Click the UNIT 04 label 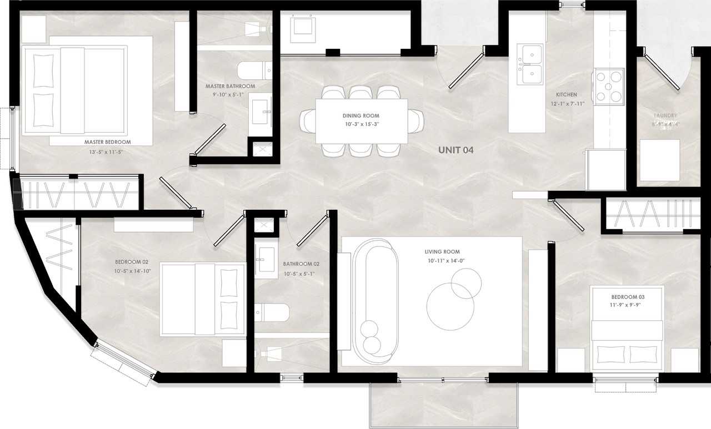pos(455,149)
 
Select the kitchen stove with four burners pos(609,87)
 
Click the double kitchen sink pos(530,64)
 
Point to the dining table pos(362,121)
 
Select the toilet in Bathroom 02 pos(272,313)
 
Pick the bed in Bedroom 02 pos(203,300)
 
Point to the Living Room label pos(443,252)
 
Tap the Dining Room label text pos(360,115)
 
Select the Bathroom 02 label pos(301,264)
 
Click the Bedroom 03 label pos(628,297)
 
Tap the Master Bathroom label pos(230,87)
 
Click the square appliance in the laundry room pos(659,160)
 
